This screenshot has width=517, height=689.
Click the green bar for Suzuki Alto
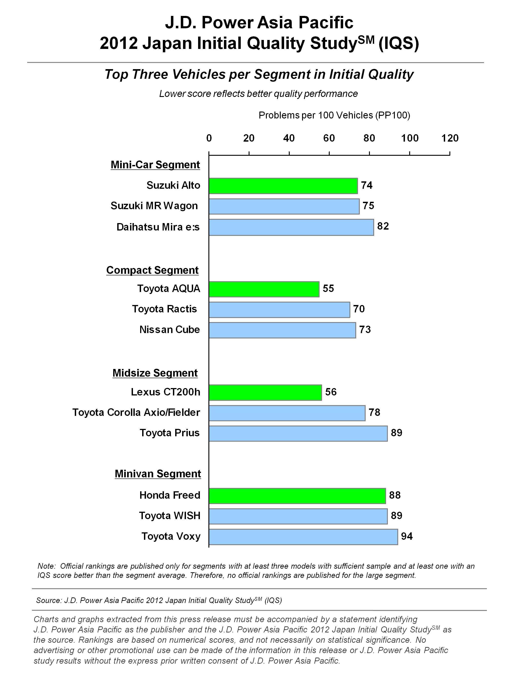[x=283, y=186]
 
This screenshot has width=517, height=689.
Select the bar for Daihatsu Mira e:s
[x=291, y=227]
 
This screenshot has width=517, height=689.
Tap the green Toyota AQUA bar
[x=264, y=289]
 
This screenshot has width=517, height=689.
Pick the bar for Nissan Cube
[x=282, y=330]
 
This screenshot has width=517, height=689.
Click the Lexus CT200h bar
[x=265, y=393]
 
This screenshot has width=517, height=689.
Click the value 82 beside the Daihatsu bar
[x=383, y=226]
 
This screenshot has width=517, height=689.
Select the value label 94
[x=407, y=536]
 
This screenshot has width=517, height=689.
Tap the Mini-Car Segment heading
[x=155, y=165]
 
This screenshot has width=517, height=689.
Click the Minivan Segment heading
[x=158, y=474]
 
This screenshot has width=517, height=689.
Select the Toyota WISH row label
[x=170, y=516]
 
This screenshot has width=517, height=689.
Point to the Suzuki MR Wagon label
[x=154, y=206]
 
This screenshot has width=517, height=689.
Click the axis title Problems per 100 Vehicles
[x=334, y=116]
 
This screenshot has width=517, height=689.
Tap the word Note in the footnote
[x=46, y=566]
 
